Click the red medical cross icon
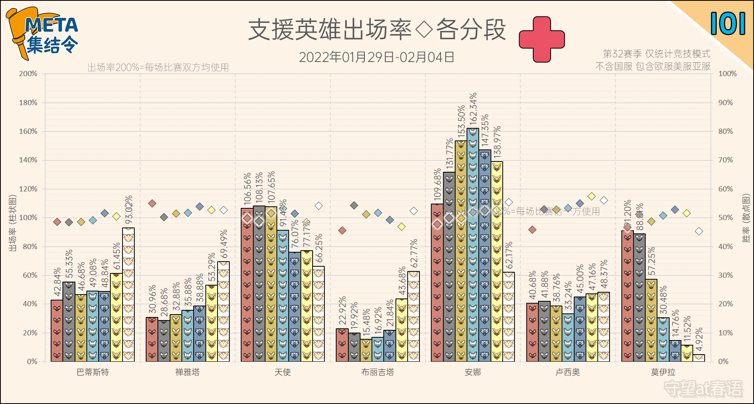click(542, 39)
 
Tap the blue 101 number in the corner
click(728, 24)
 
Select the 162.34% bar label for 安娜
click(473, 108)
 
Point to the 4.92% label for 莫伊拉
click(699, 340)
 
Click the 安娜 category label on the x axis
click(472, 372)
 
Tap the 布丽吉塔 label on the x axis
click(377, 372)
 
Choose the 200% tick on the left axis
click(28, 74)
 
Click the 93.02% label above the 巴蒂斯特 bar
click(129, 210)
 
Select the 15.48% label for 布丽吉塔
click(366, 322)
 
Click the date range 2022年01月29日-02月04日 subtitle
click(377, 57)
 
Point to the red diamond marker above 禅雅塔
click(152, 203)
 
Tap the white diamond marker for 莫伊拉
click(699, 231)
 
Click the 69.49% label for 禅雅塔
click(224, 244)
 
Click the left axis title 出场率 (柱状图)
click(13, 223)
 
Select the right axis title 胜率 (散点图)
click(745, 218)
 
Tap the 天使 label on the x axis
click(282, 372)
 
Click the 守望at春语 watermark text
click(703, 389)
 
